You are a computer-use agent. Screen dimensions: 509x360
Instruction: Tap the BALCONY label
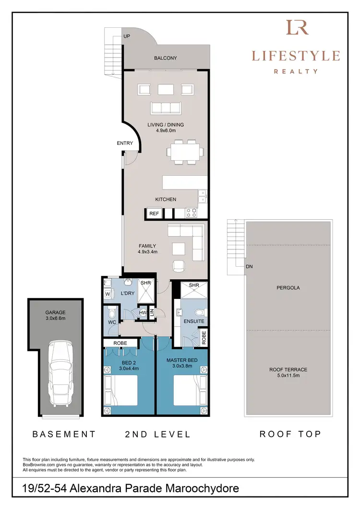165,58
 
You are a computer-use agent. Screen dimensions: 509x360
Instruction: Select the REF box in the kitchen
154,214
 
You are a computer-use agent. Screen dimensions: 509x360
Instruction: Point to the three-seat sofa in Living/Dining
165,108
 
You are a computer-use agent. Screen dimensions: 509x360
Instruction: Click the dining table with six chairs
185,153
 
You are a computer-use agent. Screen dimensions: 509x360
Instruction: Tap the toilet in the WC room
112,314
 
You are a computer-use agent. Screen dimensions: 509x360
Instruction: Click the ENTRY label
125,143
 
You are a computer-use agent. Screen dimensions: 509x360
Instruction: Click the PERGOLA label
288,288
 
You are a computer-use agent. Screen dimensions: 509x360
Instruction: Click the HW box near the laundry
143,313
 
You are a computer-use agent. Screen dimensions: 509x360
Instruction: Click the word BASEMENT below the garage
64,434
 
